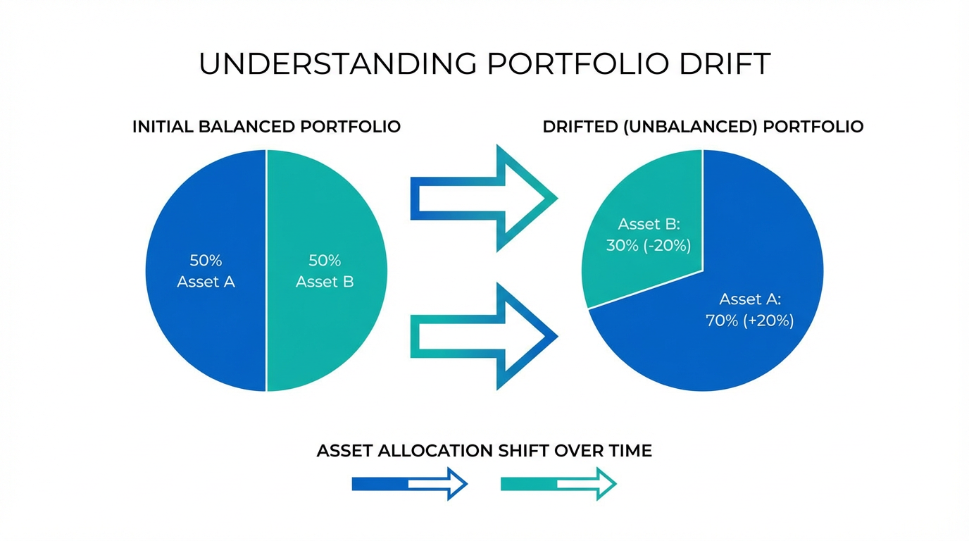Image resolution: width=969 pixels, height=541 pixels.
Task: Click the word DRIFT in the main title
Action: pyautogui.click(x=725, y=64)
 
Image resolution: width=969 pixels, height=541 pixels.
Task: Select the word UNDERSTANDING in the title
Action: pyautogui.click(x=338, y=64)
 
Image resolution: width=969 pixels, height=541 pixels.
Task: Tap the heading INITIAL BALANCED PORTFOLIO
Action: pyautogui.click(x=266, y=127)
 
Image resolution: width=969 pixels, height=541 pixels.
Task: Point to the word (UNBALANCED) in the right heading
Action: pyautogui.click(x=690, y=127)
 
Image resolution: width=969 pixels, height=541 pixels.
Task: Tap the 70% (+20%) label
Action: pyautogui.click(x=750, y=321)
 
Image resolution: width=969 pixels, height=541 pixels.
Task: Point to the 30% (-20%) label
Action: pyautogui.click(x=649, y=246)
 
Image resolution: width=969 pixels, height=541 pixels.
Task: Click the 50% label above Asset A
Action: pyautogui.click(x=206, y=261)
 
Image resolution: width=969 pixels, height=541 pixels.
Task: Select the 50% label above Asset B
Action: pyautogui.click(x=325, y=261)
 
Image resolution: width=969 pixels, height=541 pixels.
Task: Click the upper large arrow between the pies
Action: pyautogui.click(x=484, y=198)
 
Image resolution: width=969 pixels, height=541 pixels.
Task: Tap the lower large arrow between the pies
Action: pyautogui.click(x=484, y=336)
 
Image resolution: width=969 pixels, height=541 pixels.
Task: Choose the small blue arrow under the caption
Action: pyautogui.click(x=410, y=484)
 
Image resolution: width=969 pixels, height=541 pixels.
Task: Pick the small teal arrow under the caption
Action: pyautogui.click(x=558, y=484)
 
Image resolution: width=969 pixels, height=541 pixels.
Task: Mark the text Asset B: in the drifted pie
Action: pyautogui.click(x=649, y=224)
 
